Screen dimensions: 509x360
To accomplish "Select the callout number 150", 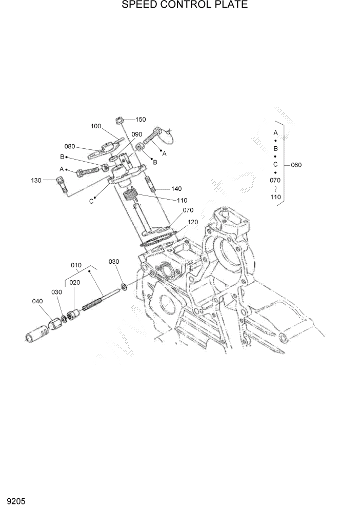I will tap(141, 120).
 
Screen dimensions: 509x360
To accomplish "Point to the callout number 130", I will tap(36, 180).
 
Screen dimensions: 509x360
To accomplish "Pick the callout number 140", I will tap(176, 189).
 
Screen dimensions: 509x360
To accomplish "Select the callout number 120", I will tap(192, 222).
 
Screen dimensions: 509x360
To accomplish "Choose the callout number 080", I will tap(70, 146).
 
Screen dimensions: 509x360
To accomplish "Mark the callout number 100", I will tap(96, 126).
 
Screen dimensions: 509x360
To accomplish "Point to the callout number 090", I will tap(136, 134).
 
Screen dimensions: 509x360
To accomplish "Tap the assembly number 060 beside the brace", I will tap(296, 165).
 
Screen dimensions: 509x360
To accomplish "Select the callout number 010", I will tap(76, 265).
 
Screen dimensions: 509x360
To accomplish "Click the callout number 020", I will tap(75, 283).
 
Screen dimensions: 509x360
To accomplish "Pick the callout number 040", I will tap(37, 302).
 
